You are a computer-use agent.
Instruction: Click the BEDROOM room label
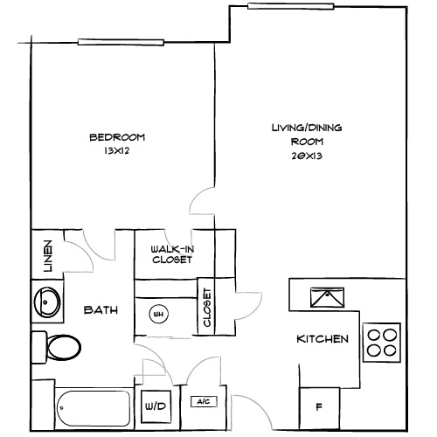coord(116,137)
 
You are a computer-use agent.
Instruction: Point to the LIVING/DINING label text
coord(306,128)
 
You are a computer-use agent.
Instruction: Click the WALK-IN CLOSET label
coord(171,253)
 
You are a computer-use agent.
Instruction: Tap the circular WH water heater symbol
coord(159,313)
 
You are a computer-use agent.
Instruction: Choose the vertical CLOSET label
coord(207,308)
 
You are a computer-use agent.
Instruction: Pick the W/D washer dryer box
coord(156,406)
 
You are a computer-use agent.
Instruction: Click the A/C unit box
coord(203,402)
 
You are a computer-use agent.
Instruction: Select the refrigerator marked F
coord(318,407)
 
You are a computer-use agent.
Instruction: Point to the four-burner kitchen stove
coord(380,342)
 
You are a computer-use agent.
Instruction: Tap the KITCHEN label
coord(323,339)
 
